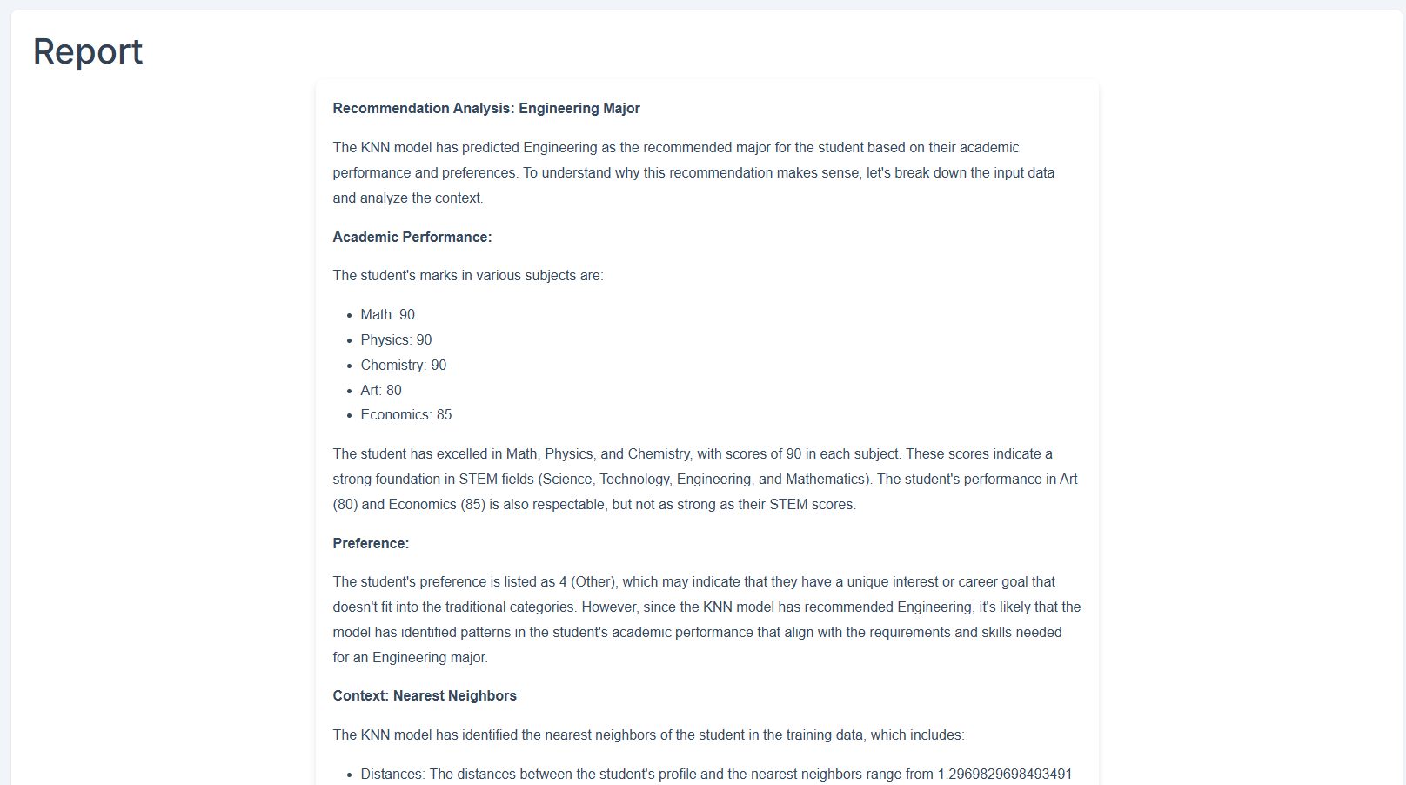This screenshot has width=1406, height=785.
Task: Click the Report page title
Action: [88, 52]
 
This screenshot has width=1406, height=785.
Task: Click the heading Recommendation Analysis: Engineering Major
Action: [486, 108]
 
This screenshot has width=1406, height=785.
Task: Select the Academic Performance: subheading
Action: [412, 237]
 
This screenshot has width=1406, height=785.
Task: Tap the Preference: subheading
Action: [371, 543]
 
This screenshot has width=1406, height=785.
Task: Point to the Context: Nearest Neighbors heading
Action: [425, 695]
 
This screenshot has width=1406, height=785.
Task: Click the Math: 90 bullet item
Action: [388, 314]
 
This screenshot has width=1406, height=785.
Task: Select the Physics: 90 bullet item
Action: [396, 339]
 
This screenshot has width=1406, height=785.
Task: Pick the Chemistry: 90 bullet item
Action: [404, 365]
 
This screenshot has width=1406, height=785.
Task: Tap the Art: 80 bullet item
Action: [381, 390]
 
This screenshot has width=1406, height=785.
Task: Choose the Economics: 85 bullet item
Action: [406, 414]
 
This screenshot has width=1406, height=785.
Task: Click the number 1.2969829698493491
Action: [1005, 774]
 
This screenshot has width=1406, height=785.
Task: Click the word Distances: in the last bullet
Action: [393, 774]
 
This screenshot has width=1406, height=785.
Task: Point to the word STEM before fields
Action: [478, 479]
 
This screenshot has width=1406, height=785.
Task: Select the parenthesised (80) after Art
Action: [345, 504]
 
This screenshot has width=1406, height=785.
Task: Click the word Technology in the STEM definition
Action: [634, 479]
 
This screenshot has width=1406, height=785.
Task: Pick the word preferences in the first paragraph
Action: [479, 172]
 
